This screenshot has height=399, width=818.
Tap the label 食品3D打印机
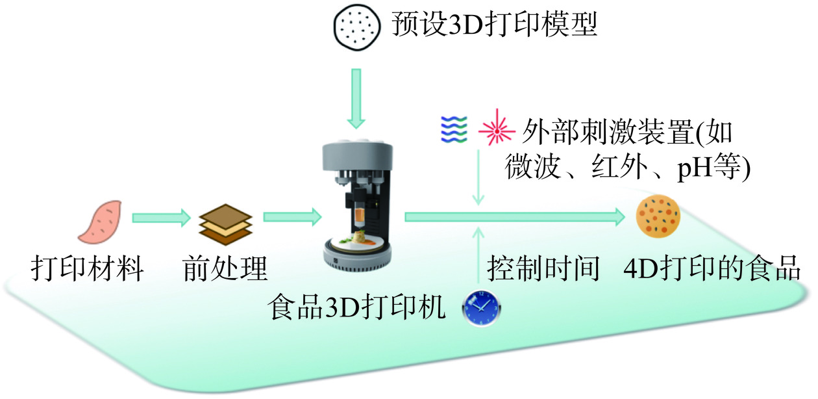pos(358,306)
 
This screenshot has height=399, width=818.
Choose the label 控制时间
pos(543,268)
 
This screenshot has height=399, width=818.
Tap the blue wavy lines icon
pos(453,129)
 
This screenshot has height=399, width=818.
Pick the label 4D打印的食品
pos(711,268)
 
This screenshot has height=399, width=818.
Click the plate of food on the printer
pos(357,241)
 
